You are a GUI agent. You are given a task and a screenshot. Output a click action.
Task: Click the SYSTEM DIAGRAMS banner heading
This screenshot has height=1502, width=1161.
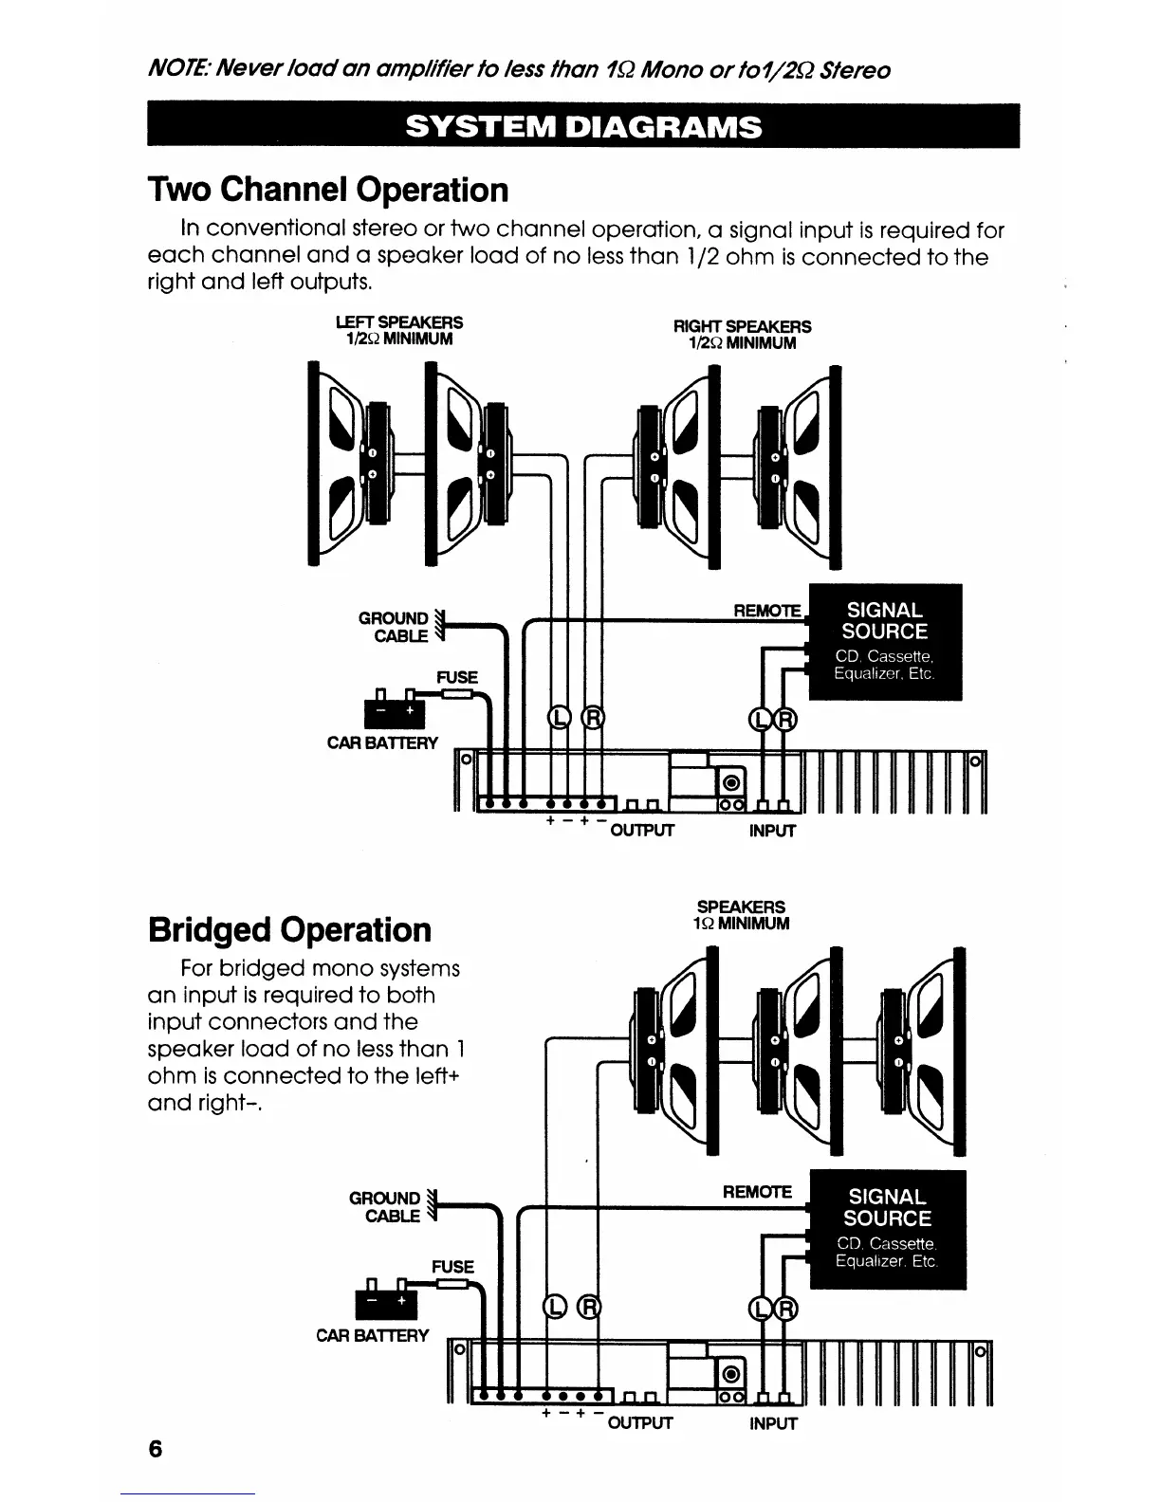tap(582, 126)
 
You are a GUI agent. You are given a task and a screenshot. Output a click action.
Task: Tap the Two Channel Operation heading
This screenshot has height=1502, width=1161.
tap(328, 190)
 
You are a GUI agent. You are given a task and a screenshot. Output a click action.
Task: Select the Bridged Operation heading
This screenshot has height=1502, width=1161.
tap(289, 929)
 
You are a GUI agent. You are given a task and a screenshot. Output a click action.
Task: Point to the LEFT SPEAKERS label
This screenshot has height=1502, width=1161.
tap(400, 330)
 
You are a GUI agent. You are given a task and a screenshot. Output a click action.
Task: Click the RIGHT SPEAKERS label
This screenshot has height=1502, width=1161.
tap(742, 334)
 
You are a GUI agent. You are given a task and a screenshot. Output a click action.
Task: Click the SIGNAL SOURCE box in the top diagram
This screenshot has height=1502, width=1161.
tap(885, 642)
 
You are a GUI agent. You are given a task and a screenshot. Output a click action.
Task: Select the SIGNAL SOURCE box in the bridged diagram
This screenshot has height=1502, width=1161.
tap(886, 1230)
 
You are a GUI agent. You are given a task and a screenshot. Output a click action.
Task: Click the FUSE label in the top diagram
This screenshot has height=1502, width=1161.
tap(456, 677)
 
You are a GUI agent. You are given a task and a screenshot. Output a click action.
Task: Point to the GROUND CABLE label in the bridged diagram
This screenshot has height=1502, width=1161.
tap(385, 1207)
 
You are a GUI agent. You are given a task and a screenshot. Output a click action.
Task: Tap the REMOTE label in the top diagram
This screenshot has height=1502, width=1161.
tap(767, 611)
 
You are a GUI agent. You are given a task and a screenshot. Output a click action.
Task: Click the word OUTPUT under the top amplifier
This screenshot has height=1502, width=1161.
tap(641, 832)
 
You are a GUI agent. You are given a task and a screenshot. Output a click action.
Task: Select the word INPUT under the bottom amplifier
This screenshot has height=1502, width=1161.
tap(772, 1423)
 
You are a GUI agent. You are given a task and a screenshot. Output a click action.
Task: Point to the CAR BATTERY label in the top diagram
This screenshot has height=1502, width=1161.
tap(382, 742)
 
